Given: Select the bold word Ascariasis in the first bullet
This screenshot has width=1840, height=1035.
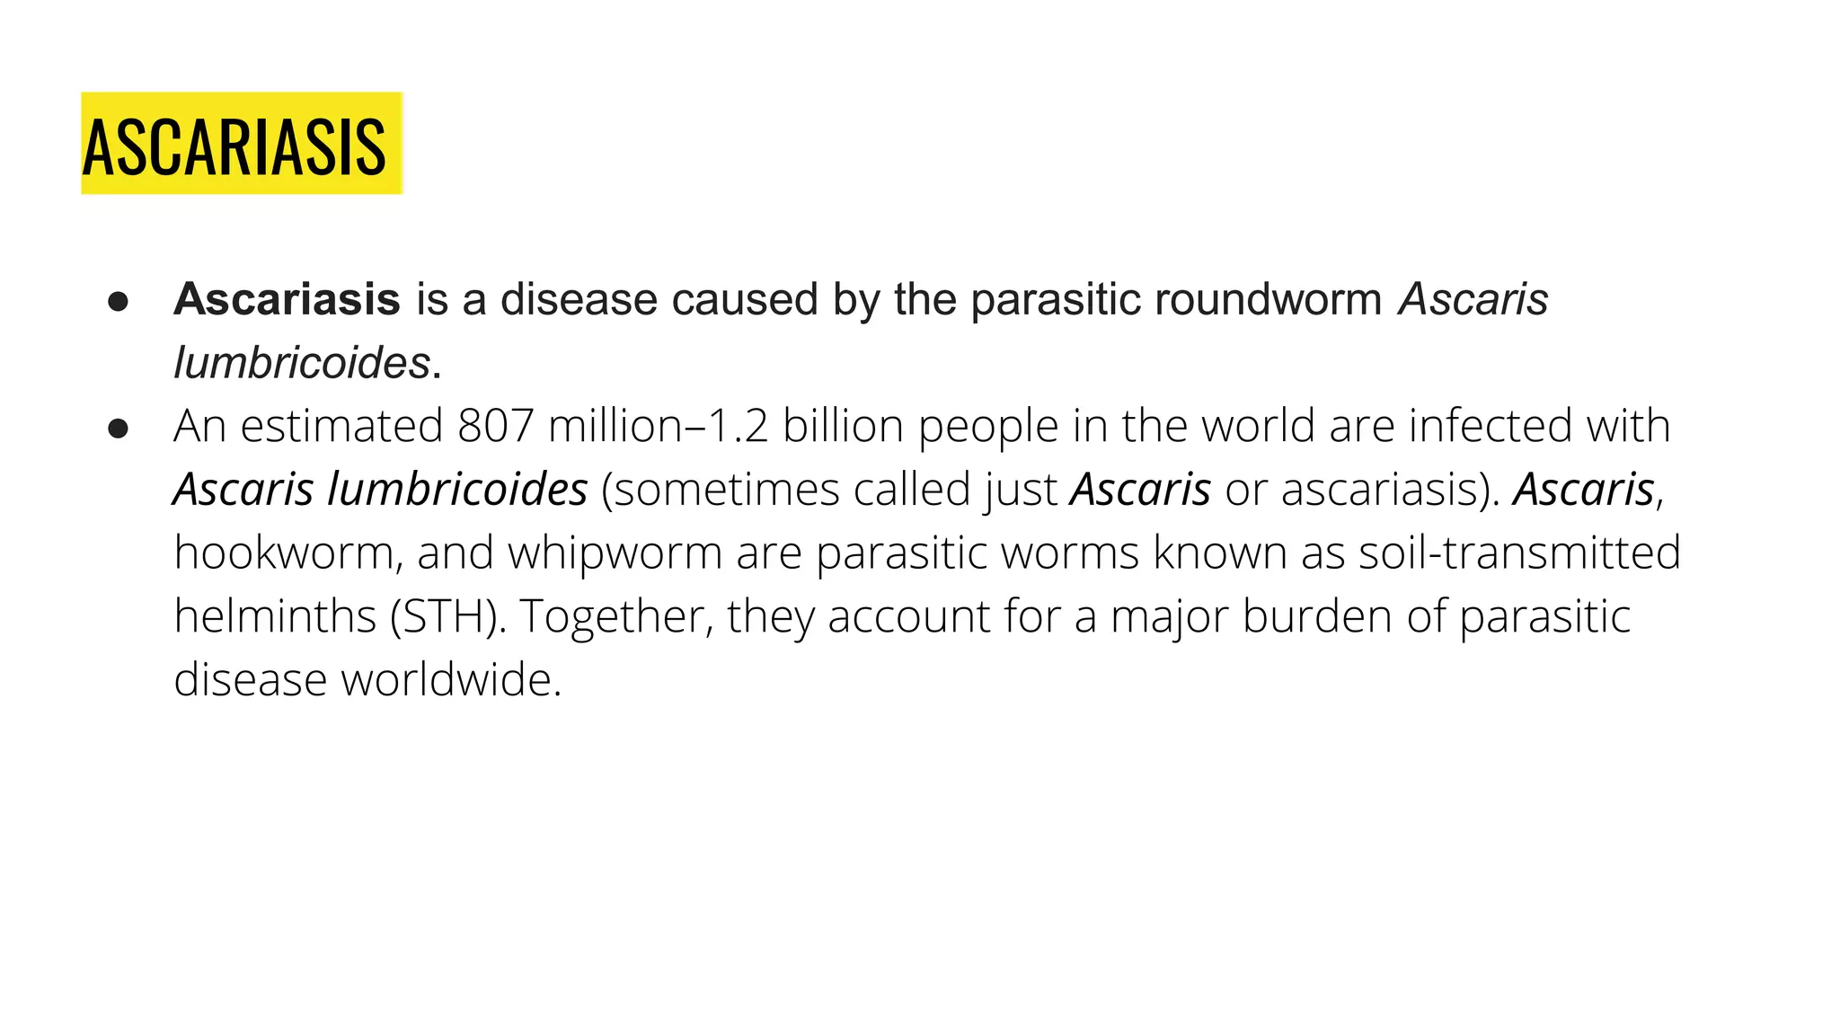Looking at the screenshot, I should (x=287, y=299).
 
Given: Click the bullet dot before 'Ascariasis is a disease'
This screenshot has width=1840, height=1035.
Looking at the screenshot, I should (x=118, y=302).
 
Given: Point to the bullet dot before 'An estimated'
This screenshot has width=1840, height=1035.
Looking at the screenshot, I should (x=118, y=429).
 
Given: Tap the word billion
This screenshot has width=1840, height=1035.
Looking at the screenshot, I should (x=842, y=426).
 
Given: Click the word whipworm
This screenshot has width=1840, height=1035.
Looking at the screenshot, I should (x=615, y=553).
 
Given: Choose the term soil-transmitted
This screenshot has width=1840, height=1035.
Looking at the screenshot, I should (x=1519, y=553).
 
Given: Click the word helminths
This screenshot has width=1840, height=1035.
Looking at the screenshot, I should (x=275, y=616).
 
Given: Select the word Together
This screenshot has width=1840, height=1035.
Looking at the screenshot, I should (x=616, y=616).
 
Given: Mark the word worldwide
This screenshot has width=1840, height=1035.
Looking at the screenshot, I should (x=450, y=679).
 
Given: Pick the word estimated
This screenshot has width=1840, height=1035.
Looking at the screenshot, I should (x=341, y=426).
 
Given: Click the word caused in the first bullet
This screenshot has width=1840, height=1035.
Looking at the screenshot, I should (x=744, y=299).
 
